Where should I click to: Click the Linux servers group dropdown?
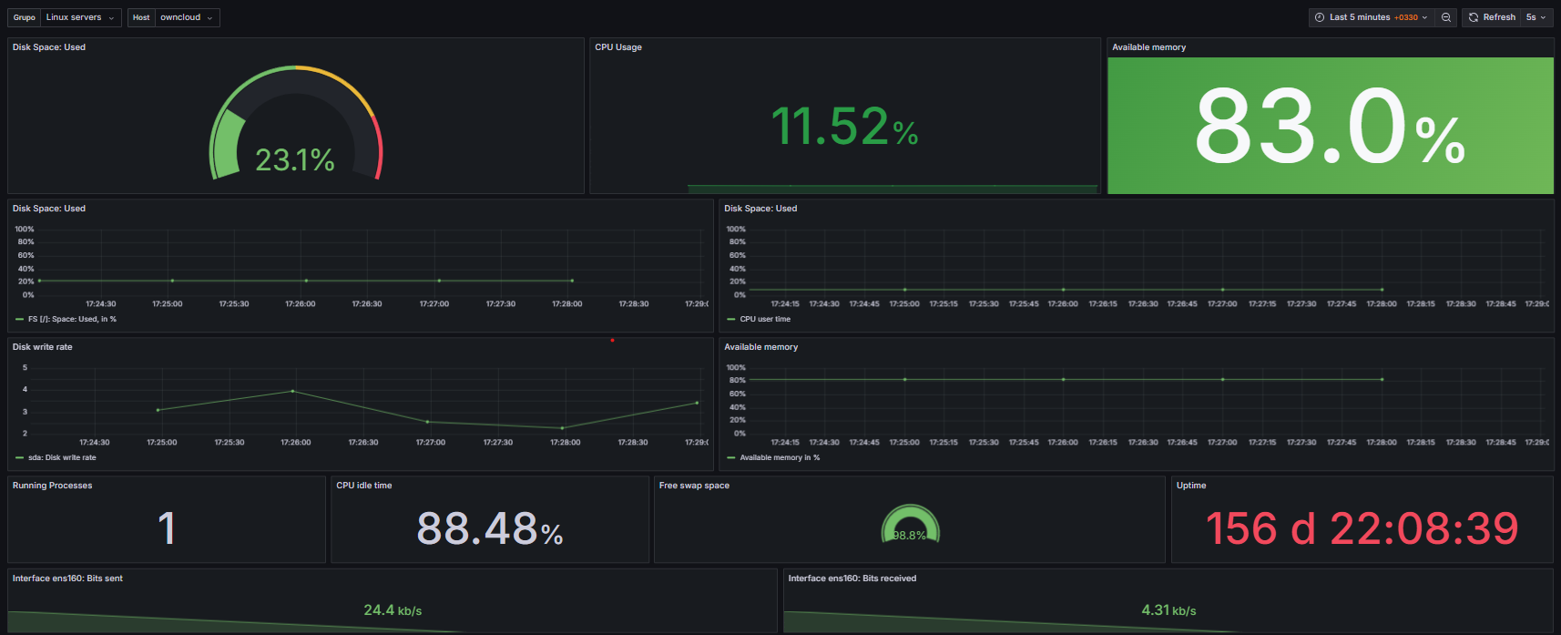click(x=81, y=17)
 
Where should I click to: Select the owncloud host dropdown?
click(x=186, y=17)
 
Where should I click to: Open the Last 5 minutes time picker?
click(x=1372, y=17)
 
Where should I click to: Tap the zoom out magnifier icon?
click(x=1446, y=17)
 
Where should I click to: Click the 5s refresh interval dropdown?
click(x=1536, y=17)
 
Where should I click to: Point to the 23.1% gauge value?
click(x=295, y=160)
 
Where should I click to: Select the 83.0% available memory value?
click(x=1329, y=128)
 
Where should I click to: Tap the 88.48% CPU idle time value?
click(x=489, y=528)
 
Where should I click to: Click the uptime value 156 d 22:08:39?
click(x=1362, y=528)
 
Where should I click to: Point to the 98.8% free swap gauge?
click(x=910, y=527)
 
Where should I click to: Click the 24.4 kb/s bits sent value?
click(x=393, y=610)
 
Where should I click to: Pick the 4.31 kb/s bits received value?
click(x=1168, y=610)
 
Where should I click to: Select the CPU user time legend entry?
click(x=765, y=319)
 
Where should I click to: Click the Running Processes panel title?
click(x=52, y=486)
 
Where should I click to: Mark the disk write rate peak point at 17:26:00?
click(x=292, y=391)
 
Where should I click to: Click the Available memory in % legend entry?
click(x=780, y=457)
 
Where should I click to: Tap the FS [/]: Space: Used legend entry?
click(x=72, y=319)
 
